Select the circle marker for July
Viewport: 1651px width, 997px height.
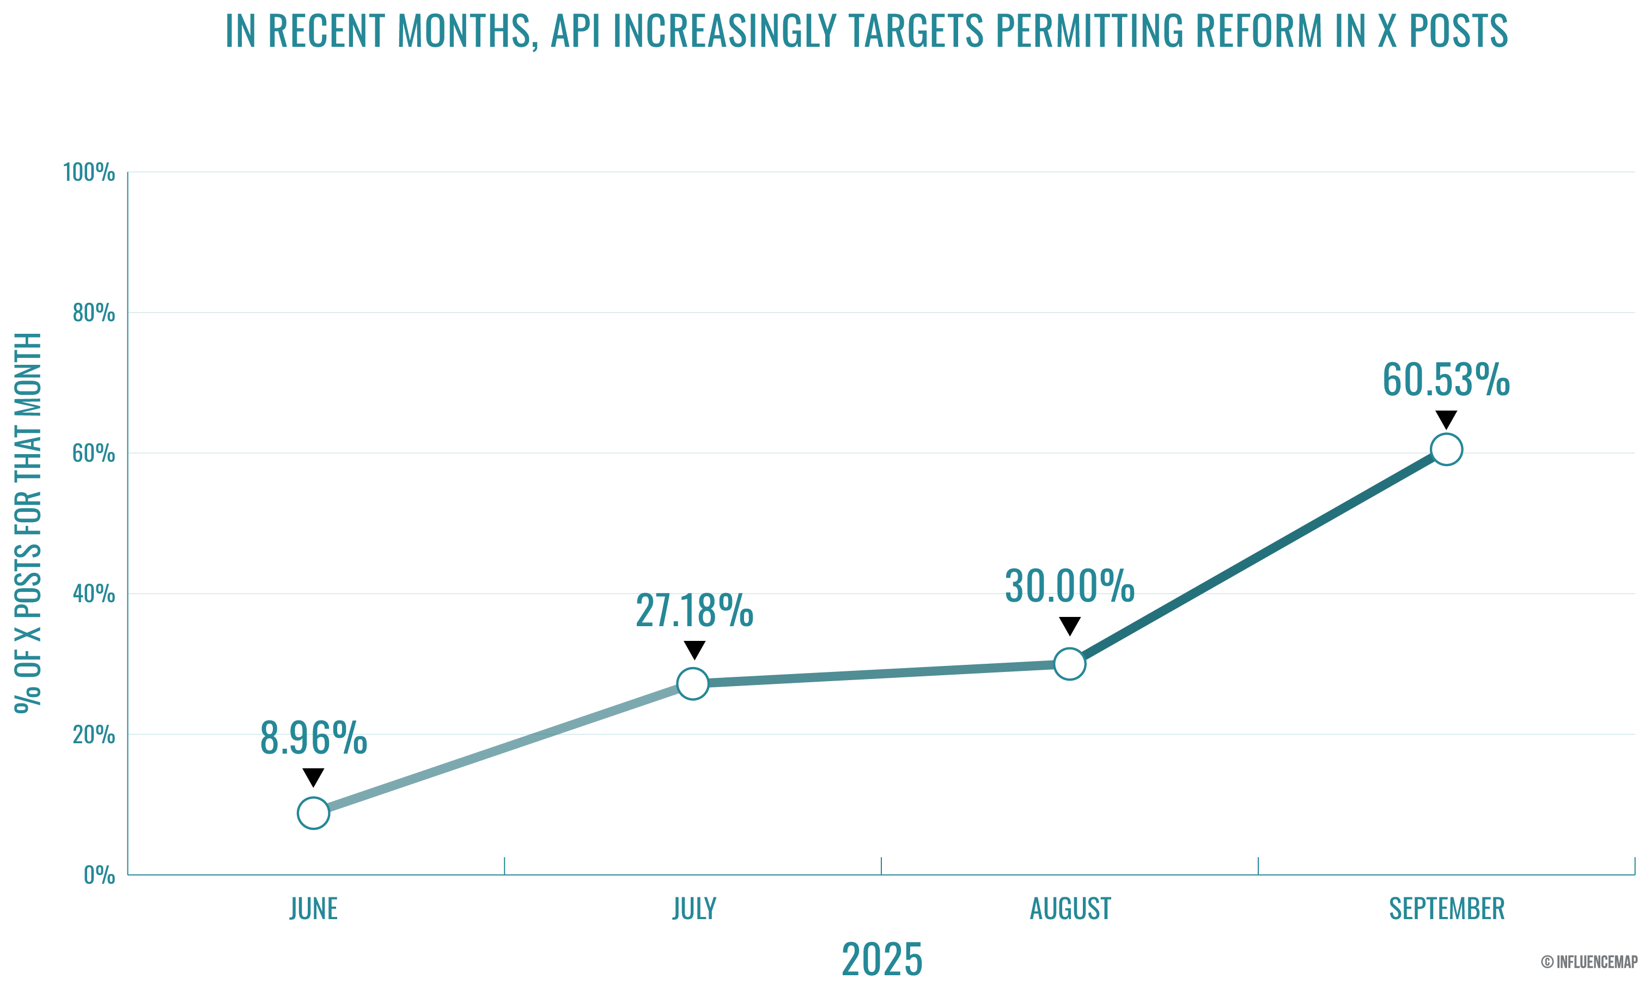(693, 683)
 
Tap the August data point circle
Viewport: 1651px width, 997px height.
(1069, 664)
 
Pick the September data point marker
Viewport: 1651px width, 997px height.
(1446, 449)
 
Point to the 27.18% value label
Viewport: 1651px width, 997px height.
(694, 611)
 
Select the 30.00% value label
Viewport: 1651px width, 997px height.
(1069, 586)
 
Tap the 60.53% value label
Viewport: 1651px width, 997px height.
(1446, 380)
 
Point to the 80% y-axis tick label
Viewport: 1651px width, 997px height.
(93, 313)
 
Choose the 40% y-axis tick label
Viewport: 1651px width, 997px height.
(93, 594)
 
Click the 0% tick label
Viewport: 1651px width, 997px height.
(99, 875)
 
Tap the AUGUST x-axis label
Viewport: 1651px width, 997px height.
(1070, 909)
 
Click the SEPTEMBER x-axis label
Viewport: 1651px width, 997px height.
(1447, 909)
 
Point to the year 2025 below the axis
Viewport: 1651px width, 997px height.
(882, 959)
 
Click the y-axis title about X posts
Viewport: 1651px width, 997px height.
(28, 523)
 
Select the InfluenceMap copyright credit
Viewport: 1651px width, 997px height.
(1589, 962)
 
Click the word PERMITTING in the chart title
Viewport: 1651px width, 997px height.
(1089, 31)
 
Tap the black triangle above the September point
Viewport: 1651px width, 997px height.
(1446, 419)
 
